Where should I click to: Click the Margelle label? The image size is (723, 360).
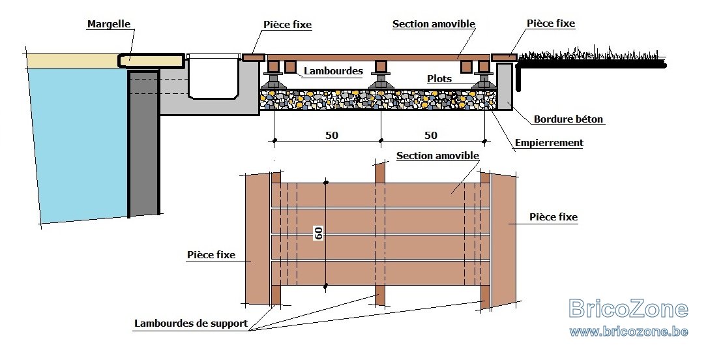[108, 24]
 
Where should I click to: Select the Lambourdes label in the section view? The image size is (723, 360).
[333, 70]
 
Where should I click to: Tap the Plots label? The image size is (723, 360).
[439, 79]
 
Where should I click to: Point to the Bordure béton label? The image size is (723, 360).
[568, 119]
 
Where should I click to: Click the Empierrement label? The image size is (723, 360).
[549, 143]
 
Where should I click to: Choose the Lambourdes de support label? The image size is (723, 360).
[191, 323]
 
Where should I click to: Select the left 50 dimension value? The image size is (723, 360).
[332, 135]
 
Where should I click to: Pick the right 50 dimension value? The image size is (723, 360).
[430, 135]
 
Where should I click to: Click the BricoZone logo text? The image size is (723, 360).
[628, 308]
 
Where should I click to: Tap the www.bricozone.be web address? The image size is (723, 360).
[628, 331]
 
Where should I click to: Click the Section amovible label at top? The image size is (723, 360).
[434, 24]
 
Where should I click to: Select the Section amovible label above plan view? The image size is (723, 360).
[437, 155]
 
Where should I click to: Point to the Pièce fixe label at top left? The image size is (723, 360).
[288, 25]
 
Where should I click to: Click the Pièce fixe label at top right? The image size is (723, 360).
[551, 23]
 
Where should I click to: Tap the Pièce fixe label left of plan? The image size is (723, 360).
[211, 254]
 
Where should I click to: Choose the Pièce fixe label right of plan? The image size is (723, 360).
[553, 217]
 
